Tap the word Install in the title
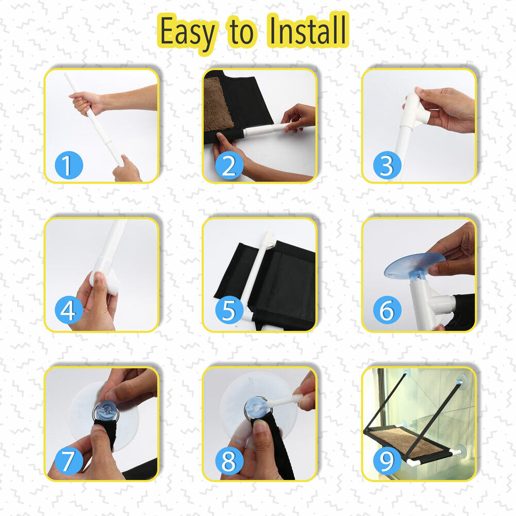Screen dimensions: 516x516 click(307, 30)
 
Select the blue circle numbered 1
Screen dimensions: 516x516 click(69, 165)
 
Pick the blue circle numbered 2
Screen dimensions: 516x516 click(229, 165)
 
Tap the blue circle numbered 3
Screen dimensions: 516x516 click(387, 165)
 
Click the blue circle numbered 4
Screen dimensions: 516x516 click(69, 310)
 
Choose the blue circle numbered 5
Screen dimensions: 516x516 click(229, 310)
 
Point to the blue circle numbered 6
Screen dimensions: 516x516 click(387, 310)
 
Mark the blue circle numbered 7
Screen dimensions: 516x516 click(69, 460)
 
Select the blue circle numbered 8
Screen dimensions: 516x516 click(229, 460)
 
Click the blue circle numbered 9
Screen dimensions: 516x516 click(387, 460)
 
